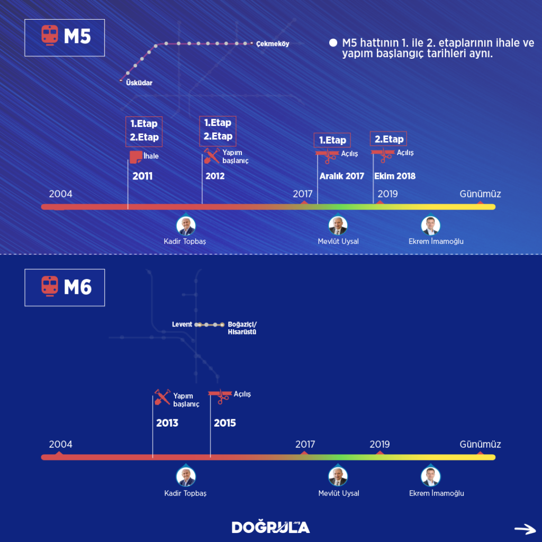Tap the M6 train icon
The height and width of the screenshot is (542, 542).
click(x=49, y=286)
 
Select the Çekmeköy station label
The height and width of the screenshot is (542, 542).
click(x=272, y=44)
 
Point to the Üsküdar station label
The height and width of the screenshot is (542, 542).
click(x=139, y=83)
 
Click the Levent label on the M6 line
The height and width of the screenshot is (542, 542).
click(x=182, y=324)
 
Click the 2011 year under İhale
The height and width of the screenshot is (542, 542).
click(x=142, y=176)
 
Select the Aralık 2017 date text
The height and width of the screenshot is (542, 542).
click(x=341, y=176)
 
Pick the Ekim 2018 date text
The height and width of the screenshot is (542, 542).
click(x=395, y=176)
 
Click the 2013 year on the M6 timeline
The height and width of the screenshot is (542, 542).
click(x=167, y=423)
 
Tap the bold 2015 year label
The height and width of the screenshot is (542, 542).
click(x=225, y=423)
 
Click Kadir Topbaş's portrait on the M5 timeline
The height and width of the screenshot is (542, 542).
click(x=186, y=226)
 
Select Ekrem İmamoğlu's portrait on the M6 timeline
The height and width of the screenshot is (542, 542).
click(x=431, y=477)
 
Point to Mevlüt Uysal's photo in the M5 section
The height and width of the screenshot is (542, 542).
click(x=338, y=226)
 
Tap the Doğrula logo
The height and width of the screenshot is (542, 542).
click(x=270, y=527)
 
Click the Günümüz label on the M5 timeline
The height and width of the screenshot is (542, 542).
click(x=480, y=194)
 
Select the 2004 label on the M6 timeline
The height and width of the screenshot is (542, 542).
click(x=61, y=444)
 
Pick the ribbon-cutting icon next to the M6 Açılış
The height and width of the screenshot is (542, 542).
click(x=220, y=396)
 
